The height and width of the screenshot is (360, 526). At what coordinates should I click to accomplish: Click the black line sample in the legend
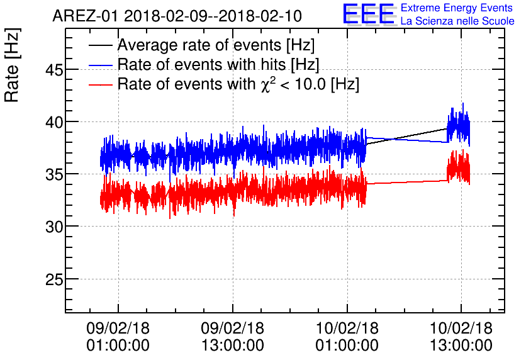point(99,46)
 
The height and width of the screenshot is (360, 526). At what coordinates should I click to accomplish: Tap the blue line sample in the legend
point(99,65)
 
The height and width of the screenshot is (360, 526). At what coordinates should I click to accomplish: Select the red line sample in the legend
point(99,84)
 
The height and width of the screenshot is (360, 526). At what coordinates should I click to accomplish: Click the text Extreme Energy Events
point(457,8)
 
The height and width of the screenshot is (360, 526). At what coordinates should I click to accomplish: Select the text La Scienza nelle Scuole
point(457,21)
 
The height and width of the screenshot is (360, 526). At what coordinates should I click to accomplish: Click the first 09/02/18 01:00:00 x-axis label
point(118,337)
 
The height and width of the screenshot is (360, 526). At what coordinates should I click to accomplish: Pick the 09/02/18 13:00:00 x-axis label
point(232,337)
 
